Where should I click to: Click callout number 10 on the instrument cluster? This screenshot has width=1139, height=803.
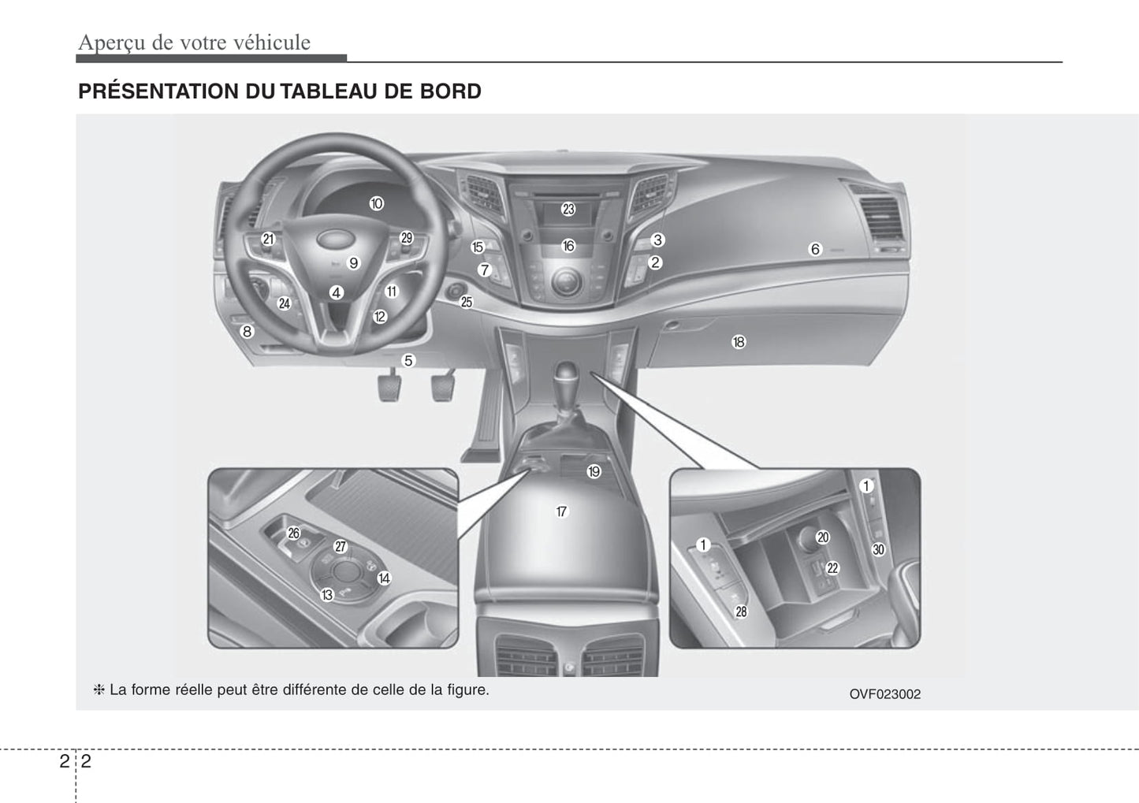tap(376, 204)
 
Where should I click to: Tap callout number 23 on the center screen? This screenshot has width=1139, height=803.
tap(568, 209)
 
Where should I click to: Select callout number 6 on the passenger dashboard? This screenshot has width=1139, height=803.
tap(815, 249)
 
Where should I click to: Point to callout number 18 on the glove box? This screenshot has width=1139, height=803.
tap(739, 342)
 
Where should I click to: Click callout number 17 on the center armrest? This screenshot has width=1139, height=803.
tap(561, 511)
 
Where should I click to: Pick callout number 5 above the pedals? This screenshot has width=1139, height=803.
tap(408, 360)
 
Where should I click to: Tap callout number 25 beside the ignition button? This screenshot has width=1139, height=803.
tap(466, 302)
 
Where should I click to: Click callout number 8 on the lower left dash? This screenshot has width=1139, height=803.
tap(248, 331)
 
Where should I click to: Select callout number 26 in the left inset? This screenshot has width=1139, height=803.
tap(294, 533)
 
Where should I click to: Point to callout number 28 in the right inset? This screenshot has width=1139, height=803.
tap(742, 612)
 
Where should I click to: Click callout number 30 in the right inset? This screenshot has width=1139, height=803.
tap(878, 549)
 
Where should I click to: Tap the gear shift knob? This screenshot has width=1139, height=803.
tap(567, 374)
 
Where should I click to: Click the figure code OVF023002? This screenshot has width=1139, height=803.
tap(884, 694)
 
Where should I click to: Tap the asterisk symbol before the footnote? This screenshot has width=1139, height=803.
tap(99, 690)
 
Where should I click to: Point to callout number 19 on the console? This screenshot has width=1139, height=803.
tap(594, 471)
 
